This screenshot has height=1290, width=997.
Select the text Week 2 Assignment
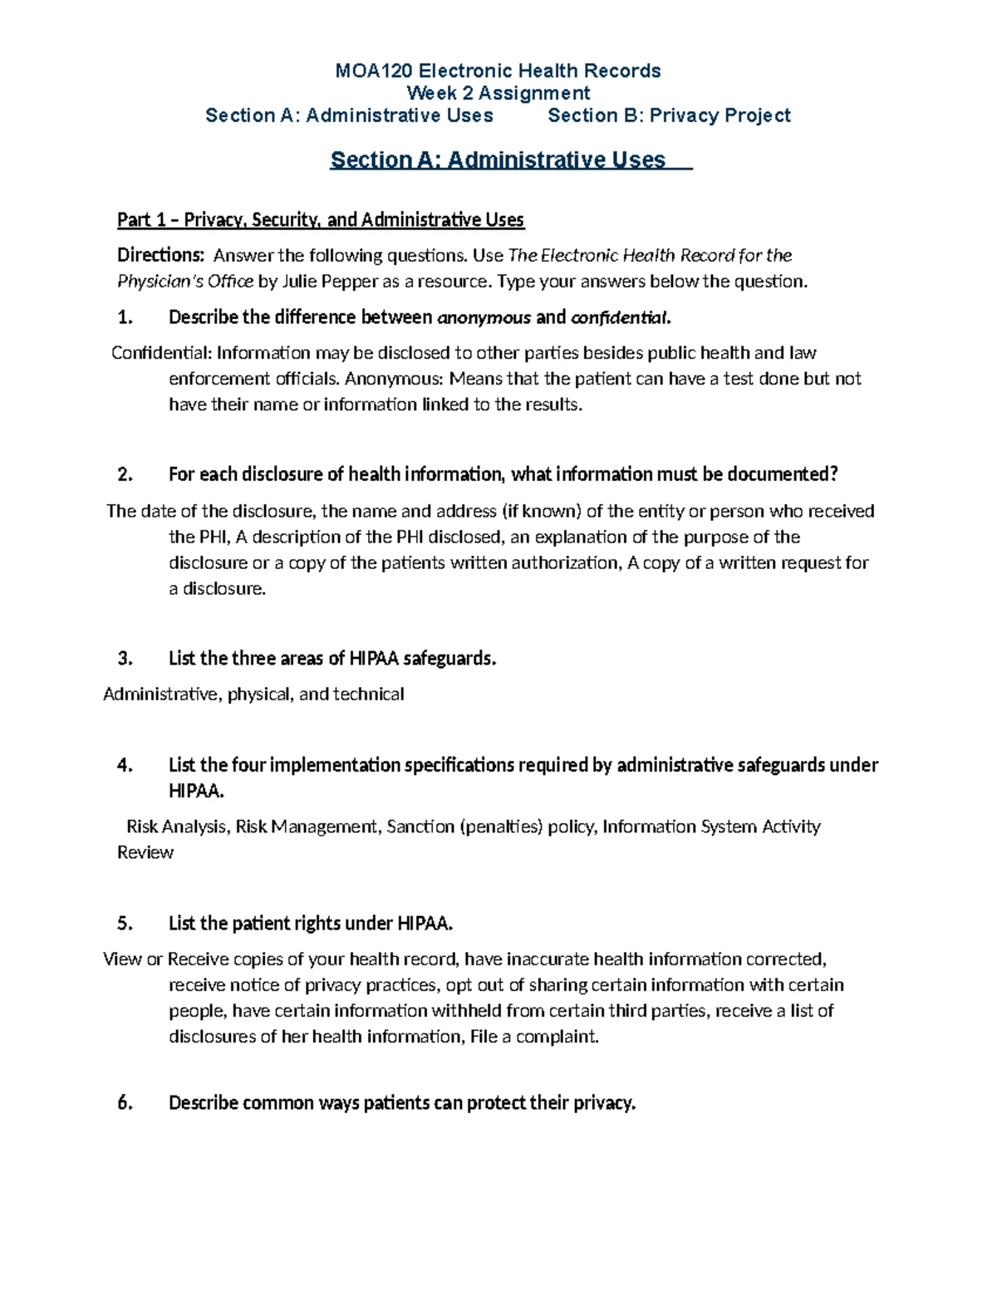coord(498,93)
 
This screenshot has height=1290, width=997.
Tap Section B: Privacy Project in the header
coord(669,115)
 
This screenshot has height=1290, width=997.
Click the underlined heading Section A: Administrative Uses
coord(498,159)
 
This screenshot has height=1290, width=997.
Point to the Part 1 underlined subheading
coord(321,220)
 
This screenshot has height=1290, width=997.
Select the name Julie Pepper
coord(330,282)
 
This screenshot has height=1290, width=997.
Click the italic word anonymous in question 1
coord(484,317)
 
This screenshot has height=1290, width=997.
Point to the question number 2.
coord(125,474)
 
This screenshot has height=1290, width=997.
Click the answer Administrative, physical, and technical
coord(253,694)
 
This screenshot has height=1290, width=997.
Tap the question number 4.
coord(125,765)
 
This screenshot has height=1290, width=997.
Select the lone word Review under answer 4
coord(145,852)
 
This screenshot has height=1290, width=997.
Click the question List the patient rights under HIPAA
coord(312,924)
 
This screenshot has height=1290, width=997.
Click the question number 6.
coord(125,1103)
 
